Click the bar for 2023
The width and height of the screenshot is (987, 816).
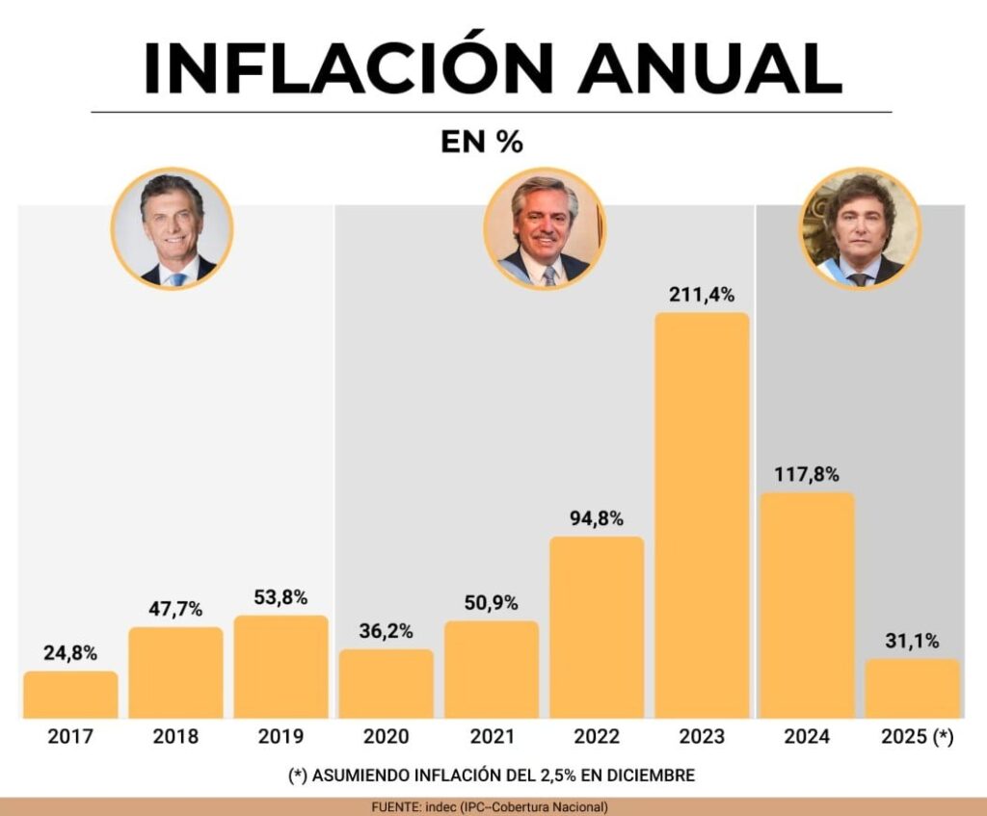pos(702,515)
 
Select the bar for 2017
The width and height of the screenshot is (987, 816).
pos(70,695)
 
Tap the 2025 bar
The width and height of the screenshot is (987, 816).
pos(912,689)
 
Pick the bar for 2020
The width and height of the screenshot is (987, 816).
pos(386,684)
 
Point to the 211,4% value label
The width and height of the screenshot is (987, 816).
pos(702,295)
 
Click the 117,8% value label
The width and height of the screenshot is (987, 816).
pos(806,474)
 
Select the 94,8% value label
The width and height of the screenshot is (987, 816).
pos(596,519)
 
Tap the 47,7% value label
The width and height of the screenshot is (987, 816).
pos(175,609)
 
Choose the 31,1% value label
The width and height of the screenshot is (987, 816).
pos(912,641)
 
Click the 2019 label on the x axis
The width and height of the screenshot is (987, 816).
pos(280,737)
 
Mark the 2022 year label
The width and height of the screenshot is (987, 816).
pos(596,737)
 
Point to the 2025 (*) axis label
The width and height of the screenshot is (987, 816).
pos(917,737)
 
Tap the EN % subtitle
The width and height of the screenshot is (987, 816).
pos(482,143)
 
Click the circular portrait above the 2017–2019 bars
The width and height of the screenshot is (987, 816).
pos(173,228)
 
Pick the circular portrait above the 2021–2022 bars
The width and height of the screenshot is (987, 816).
pos(545,228)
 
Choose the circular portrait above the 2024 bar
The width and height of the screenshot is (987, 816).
pos(861,228)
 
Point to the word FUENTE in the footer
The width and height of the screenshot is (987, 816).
pos(396,807)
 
